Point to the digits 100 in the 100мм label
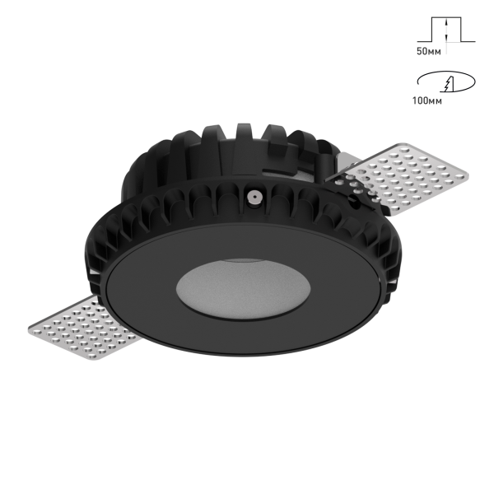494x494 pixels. (x=419, y=101)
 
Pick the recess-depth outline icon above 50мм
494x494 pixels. (x=445, y=30)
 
